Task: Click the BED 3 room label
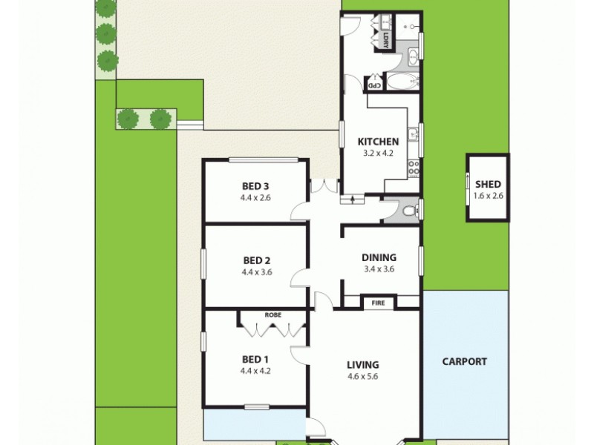[x=256, y=186]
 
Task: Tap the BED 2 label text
[x=256, y=260]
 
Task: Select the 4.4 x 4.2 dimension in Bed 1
[x=255, y=371]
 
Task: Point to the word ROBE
[x=272, y=314]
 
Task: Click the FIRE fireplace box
[x=379, y=302]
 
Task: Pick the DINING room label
[x=379, y=257]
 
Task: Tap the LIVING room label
[x=363, y=364]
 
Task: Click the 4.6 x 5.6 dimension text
[x=363, y=376]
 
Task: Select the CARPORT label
[x=465, y=362]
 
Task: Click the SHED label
[x=488, y=185]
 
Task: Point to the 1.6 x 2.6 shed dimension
[x=488, y=197]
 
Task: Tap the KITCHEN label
[x=379, y=142]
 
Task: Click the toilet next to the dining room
[x=408, y=211]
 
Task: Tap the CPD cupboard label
[x=376, y=85]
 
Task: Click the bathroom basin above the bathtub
[x=413, y=56]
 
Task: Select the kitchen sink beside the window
[x=414, y=135]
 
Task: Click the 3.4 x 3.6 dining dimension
[x=379, y=269]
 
